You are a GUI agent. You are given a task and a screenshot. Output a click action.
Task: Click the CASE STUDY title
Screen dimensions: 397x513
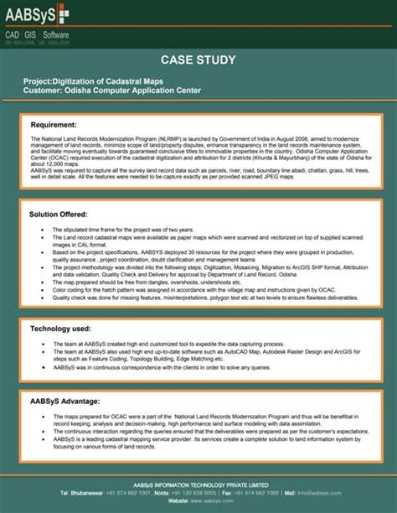point(198,60)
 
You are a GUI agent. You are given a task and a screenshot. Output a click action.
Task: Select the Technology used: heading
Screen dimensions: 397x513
point(60,328)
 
